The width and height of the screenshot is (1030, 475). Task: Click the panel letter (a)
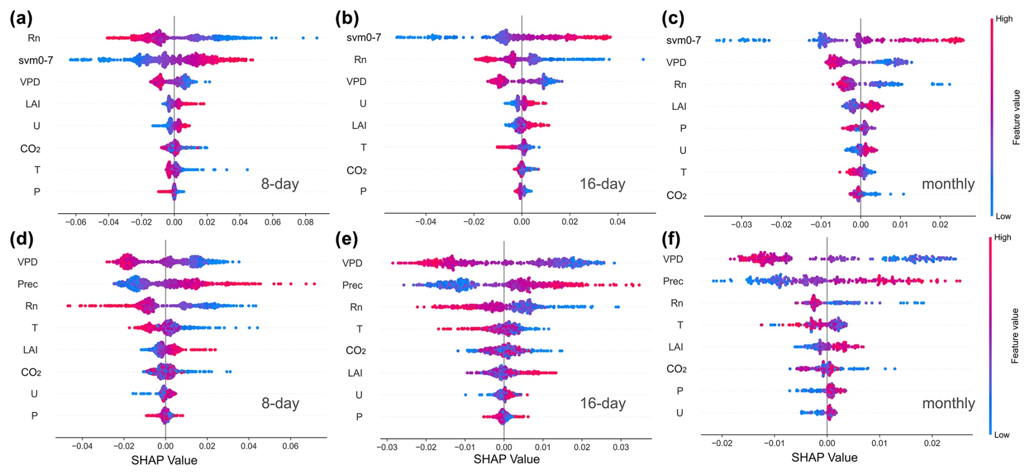(21, 18)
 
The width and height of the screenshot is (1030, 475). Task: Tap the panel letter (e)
(347, 239)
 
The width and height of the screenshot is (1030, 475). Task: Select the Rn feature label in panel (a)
(34, 38)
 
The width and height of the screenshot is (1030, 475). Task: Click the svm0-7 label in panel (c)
(683, 40)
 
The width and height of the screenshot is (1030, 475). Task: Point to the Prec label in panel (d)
(28, 284)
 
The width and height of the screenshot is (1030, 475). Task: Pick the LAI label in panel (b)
(359, 126)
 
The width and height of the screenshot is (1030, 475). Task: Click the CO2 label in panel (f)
(676, 369)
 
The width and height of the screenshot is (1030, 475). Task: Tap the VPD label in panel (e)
(352, 263)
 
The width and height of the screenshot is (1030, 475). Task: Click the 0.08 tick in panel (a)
(305, 222)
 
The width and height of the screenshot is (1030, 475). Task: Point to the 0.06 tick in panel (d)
(290, 446)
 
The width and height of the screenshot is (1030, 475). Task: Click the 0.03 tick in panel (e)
(621, 447)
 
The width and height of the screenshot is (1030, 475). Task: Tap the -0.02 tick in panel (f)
(721, 443)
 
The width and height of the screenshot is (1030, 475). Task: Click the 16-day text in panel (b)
(602, 184)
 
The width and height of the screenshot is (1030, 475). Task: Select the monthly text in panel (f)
(948, 403)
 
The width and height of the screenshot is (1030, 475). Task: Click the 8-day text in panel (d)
(280, 403)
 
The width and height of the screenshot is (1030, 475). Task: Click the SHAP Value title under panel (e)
(506, 459)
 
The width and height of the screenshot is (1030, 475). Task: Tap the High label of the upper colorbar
(1004, 18)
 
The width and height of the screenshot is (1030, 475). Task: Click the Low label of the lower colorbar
(1002, 435)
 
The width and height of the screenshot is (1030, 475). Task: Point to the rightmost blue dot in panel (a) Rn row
(317, 38)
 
